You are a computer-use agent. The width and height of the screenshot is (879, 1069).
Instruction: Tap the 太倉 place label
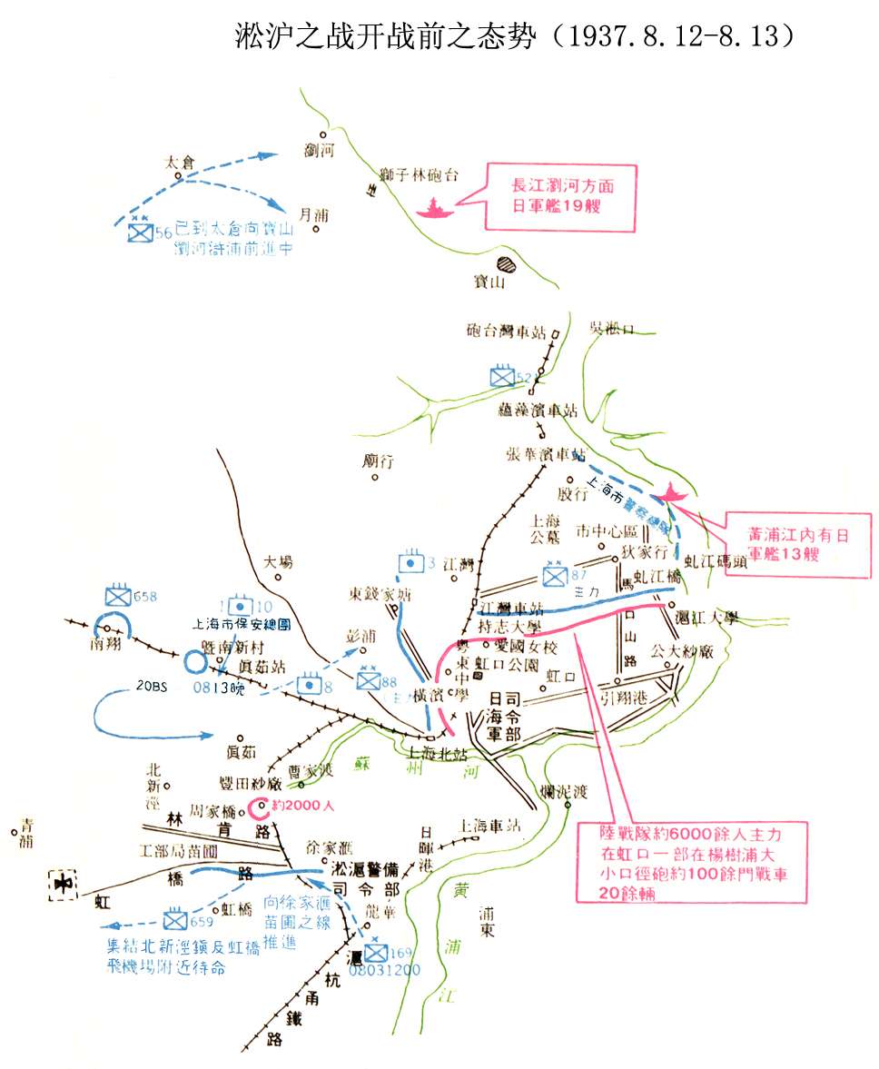pyautogui.click(x=179, y=163)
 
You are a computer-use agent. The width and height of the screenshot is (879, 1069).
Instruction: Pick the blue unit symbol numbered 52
pyautogui.click(x=500, y=376)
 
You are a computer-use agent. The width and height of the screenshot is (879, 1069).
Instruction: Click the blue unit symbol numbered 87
pyautogui.click(x=553, y=575)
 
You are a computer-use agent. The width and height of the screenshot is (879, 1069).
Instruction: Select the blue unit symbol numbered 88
pyautogui.click(x=368, y=680)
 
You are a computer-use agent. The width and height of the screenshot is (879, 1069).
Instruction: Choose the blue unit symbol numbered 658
pyautogui.click(x=118, y=596)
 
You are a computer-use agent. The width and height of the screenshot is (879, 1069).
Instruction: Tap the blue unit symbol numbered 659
pyautogui.click(x=175, y=917)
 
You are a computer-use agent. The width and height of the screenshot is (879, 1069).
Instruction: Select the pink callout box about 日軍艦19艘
pyautogui.click(x=561, y=196)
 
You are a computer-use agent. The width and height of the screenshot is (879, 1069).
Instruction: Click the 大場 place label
pyautogui.click(x=278, y=562)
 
